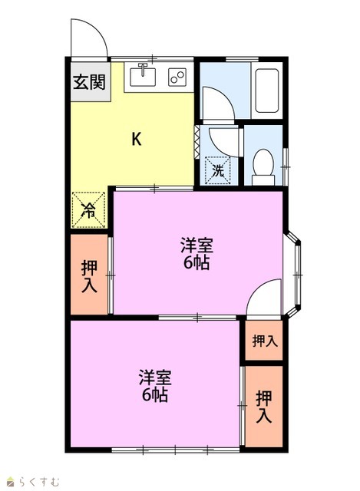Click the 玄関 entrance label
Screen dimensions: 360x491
(89, 82)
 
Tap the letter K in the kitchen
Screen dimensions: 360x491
(137, 139)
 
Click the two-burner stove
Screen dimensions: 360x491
(177, 77)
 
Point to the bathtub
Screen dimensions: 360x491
(267, 91)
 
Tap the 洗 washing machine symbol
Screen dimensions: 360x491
(218, 170)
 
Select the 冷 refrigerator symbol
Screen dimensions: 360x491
(89, 209)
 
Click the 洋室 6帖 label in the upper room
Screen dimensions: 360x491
(197, 254)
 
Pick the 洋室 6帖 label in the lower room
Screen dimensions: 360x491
(155, 386)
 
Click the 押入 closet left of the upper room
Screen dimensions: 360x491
(89, 276)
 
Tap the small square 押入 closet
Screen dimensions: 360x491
(265, 341)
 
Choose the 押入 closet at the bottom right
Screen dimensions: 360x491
(264, 407)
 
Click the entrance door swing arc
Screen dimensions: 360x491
(99, 30)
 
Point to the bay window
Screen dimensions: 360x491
(293, 275)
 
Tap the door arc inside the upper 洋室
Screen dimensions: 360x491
(256, 288)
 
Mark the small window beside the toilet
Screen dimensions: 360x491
(285, 167)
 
